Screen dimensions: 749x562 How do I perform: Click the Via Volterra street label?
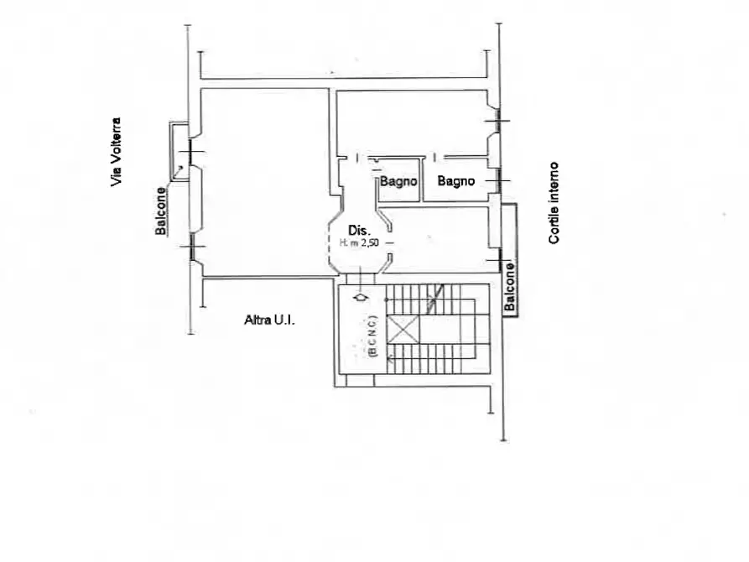tap(116, 152)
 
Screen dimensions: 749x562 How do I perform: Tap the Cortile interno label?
tap(554, 203)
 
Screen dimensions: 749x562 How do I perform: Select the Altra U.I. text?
tap(269, 320)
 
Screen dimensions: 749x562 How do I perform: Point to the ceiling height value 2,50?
tap(370, 242)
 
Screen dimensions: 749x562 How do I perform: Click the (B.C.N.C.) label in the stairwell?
tap(373, 336)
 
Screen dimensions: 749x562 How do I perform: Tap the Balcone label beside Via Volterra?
tap(161, 211)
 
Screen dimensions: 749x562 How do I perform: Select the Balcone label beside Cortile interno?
tap(510, 286)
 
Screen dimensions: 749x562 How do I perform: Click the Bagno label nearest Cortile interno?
tap(456, 180)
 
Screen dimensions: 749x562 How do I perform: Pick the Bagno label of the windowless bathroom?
tap(398, 181)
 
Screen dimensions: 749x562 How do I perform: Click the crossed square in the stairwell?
tap(403, 330)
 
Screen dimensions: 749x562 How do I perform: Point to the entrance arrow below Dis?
tap(361, 297)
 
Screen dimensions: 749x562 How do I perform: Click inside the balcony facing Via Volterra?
tap(179, 152)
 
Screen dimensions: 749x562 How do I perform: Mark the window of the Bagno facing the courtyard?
tap(499, 180)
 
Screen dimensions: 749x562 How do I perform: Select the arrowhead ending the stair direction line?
tap(390, 358)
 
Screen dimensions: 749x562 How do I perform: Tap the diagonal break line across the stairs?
tap(435, 299)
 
